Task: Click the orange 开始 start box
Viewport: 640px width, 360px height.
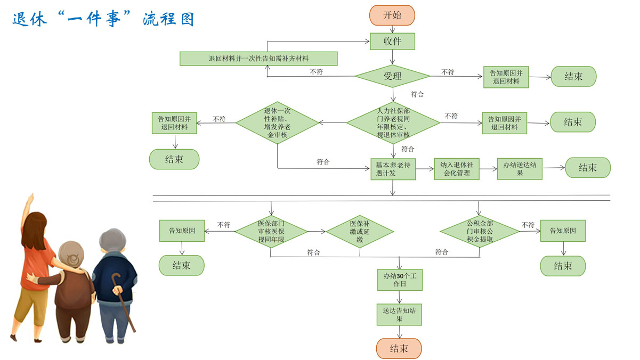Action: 392,15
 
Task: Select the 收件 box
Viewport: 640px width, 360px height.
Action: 392,41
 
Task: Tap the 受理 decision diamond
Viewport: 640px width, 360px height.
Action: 392,76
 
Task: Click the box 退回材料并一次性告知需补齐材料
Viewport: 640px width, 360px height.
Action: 258,59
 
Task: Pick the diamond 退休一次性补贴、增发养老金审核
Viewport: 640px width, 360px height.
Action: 277,123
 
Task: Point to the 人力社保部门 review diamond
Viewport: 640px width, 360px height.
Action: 393,123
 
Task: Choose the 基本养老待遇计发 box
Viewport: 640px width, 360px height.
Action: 393,168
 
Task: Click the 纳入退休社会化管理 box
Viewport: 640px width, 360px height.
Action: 457,168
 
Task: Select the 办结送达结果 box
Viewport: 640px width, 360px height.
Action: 520,168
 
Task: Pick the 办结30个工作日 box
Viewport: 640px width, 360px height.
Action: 400,279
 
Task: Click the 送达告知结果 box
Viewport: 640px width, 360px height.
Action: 399,314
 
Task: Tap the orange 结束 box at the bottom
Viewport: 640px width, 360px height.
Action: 399,349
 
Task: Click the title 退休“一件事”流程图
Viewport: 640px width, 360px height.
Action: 103,19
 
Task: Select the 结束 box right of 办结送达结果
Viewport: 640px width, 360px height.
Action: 587,168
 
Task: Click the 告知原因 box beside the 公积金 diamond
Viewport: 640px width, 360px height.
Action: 563,231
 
